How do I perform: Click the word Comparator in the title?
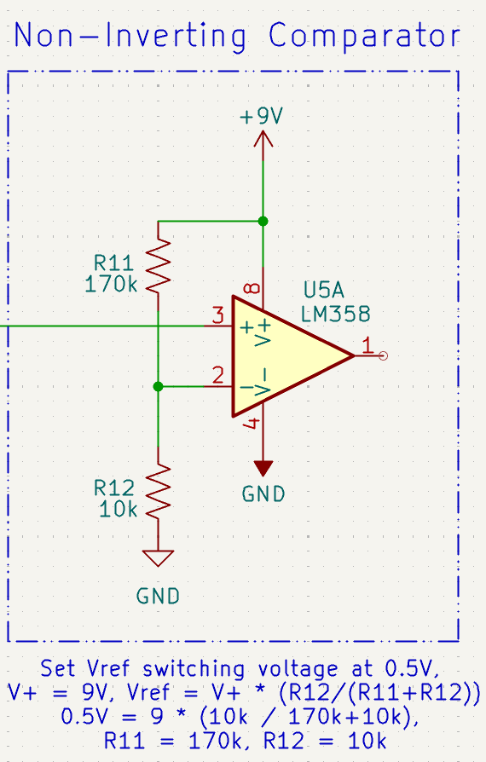(x=365, y=37)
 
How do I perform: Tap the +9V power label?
(x=262, y=117)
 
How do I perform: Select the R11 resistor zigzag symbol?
(x=159, y=264)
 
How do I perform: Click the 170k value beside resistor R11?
(x=112, y=284)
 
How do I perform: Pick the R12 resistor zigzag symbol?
(x=159, y=492)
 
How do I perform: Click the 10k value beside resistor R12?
(x=118, y=510)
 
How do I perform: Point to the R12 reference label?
(x=114, y=488)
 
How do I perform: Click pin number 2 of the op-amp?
(x=218, y=375)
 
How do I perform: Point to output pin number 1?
(x=367, y=345)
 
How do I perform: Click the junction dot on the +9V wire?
(x=263, y=222)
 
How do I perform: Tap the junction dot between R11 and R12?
(x=159, y=387)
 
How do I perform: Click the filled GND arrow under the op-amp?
(x=263, y=468)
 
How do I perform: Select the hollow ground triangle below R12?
(x=159, y=558)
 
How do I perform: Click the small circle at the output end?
(x=383, y=356)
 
